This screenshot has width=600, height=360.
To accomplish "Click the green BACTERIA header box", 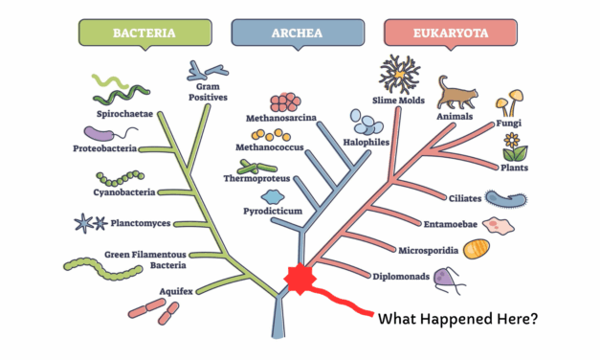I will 144,33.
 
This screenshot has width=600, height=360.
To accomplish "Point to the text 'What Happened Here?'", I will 458,318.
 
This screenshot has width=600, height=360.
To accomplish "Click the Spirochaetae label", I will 121,113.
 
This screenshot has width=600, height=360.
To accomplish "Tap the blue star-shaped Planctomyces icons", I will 91,224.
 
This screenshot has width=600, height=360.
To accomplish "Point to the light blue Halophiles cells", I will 367,122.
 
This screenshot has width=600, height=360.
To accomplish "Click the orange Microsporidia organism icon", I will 477,251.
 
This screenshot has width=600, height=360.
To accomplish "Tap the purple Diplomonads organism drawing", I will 447,279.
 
